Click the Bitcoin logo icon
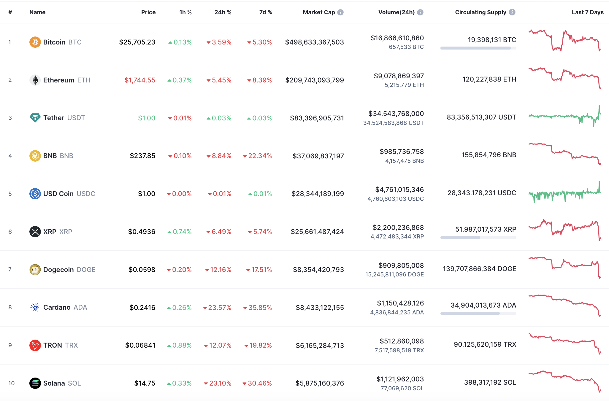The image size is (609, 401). [35, 42]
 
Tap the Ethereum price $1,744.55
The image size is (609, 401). [140, 80]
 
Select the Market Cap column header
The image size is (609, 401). [319, 12]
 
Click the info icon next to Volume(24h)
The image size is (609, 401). [420, 12]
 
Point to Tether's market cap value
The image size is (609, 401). [317, 118]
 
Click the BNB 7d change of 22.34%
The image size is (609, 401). [257, 156]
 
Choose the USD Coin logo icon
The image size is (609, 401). [35, 194]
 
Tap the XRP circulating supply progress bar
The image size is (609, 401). [478, 238]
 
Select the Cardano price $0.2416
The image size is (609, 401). [142, 308]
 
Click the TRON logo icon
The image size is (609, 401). [35, 345]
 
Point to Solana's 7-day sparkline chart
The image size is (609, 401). [564, 381]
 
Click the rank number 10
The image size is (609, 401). [11, 383]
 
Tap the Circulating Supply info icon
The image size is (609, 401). [512, 12]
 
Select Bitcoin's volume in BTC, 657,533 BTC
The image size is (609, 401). [406, 47]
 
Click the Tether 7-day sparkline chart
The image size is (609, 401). [564, 117]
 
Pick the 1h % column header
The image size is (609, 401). [185, 12]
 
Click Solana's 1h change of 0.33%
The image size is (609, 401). [179, 383]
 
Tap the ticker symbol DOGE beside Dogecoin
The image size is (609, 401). [86, 270]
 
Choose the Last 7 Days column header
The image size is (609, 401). [587, 12]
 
